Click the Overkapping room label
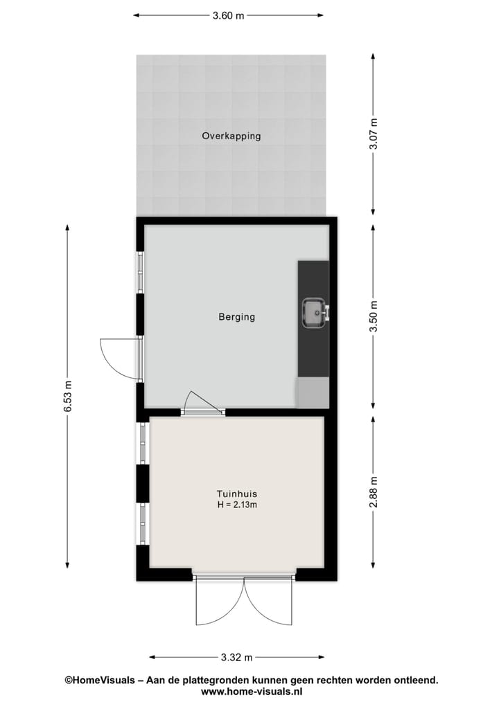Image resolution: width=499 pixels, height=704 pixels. tap(231, 136)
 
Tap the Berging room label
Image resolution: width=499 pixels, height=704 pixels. tap(237, 317)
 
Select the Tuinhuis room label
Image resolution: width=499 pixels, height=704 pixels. tap(237, 494)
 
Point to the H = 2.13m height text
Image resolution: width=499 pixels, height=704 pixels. tap(237, 505)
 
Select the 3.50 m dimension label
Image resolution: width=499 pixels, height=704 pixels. tap(374, 316)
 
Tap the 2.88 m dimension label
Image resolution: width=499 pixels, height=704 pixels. tap(374, 492)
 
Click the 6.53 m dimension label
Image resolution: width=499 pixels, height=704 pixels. tap(68, 397)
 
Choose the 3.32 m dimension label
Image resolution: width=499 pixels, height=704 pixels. tap(237, 657)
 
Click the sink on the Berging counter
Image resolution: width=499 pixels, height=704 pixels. tap(314, 312)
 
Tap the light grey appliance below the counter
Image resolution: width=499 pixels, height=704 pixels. tap(313, 393)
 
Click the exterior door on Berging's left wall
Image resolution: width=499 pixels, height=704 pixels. tap(121, 357)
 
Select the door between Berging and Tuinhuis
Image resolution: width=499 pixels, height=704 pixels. tap(202, 405)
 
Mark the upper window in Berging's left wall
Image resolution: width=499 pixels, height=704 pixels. tap(140, 272)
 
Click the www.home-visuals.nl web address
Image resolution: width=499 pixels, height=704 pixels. tap(251, 692)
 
